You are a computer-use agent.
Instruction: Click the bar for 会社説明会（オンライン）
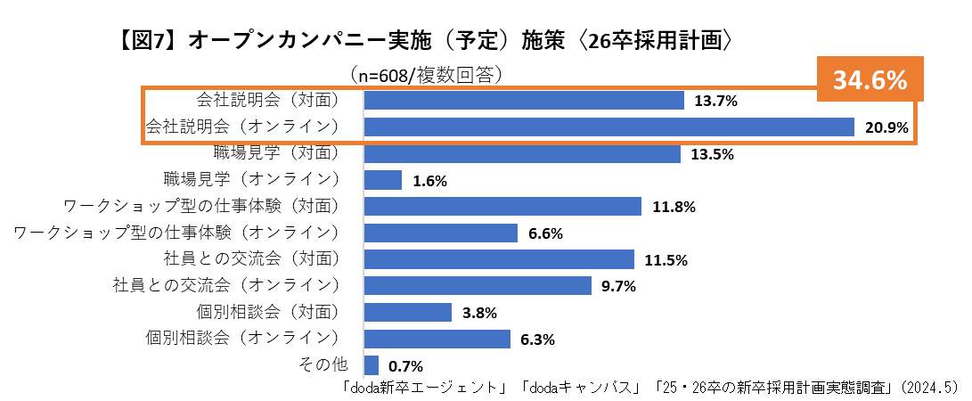pyautogui.click(x=609, y=127)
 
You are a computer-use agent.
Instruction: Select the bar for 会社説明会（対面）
pyautogui.click(x=524, y=101)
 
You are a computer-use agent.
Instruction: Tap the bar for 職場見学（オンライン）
pyautogui.click(x=383, y=180)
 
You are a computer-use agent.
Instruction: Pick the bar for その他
pyautogui.click(x=372, y=365)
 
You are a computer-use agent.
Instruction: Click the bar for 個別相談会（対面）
pyautogui.click(x=408, y=313)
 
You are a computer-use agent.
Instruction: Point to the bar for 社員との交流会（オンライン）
pyautogui.click(x=478, y=286)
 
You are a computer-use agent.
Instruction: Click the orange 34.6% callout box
pyautogui.click(x=870, y=80)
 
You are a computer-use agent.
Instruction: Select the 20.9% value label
pyautogui.click(x=886, y=128)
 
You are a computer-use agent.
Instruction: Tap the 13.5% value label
pyautogui.click(x=712, y=154)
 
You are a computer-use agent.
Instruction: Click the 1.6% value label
pyautogui.click(x=429, y=181)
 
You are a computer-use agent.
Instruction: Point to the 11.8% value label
pyautogui.click(x=674, y=207)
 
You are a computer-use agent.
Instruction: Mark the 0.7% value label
pyautogui.click(x=405, y=366)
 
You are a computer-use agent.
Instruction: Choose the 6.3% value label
pyautogui.click(x=538, y=340)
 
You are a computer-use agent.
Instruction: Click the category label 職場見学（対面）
pyautogui.click(x=276, y=152)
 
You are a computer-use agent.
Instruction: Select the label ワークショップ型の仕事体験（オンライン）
pyautogui.click(x=177, y=233)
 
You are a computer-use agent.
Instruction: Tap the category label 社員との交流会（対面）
pyautogui.click(x=251, y=258)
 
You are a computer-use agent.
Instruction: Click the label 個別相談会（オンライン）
pyautogui.click(x=241, y=338)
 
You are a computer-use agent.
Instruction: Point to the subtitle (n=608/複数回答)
pyautogui.click(x=427, y=73)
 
